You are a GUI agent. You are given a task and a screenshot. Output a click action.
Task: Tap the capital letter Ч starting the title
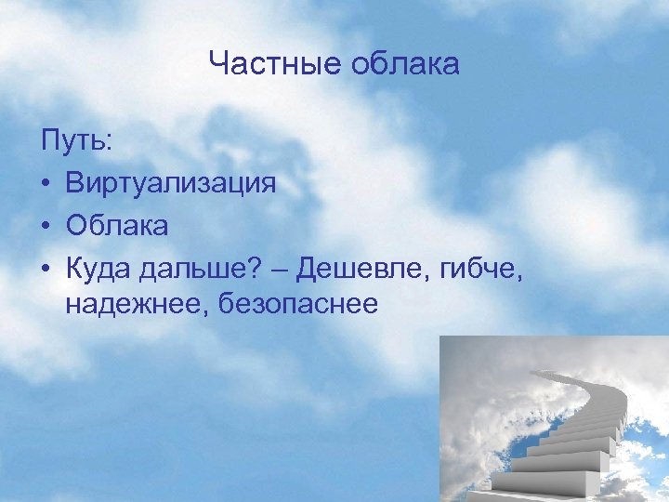[218, 64]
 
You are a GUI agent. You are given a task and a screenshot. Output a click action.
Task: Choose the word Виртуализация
[171, 183]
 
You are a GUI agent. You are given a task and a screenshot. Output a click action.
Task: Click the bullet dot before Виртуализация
[46, 183]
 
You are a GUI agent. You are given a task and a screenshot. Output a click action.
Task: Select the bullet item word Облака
[118, 225]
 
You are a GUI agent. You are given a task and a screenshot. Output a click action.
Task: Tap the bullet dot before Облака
[46, 225]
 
